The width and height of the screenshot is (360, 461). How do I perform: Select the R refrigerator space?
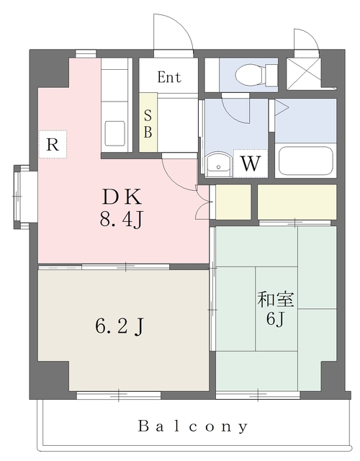pos(52,143)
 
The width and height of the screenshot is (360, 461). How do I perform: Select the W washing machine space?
pos(250,162)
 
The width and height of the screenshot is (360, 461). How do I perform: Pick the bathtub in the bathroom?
pos(305,160)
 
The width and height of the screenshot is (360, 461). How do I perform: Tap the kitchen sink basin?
pos(115,134)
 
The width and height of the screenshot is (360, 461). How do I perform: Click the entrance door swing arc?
pos(173,32)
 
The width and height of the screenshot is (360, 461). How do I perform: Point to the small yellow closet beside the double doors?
pos(233,201)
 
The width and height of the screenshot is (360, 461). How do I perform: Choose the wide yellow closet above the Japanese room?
pos(297,201)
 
